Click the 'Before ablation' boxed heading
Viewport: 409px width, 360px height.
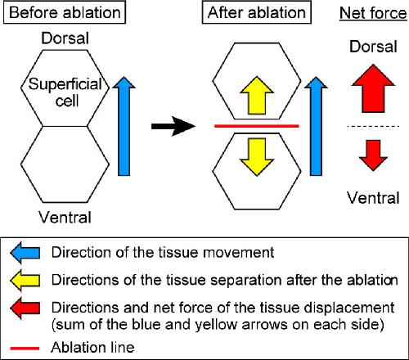pyautogui.click(x=65, y=12)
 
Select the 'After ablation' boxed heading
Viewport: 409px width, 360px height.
pyautogui.click(x=257, y=12)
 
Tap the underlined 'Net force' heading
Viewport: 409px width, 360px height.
pyautogui.click(x=373, y=13)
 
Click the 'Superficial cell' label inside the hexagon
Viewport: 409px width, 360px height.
pyautogui.click(x=65, y=92)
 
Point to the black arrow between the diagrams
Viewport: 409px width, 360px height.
pyautogui.click(x=173, y=126)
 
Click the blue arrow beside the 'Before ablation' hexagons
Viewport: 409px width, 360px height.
pyautogui.click(x=124, y=126)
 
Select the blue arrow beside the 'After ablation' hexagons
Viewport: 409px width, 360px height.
pyautogui.click(x=316, y=126)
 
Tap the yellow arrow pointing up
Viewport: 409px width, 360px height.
pyautogui.click(x=257, y=96)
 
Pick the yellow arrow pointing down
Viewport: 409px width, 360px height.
pyautogui.click(x=257, y=157)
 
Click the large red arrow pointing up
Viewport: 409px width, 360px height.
pyautogui.click(x=373, y=88)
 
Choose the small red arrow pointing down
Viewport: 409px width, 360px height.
pyautogui.click(x=373, y=155)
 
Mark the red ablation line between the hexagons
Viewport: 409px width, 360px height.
pyautogui.click(x=257, y=126)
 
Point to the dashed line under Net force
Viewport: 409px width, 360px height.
pyautogui.click(x=373, y=126)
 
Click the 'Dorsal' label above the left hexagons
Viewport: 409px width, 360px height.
pyautogui.click(x=65, y=38)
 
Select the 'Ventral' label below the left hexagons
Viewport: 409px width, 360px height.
pyautogui.click(x=65, y=218)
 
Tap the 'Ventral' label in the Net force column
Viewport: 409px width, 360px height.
pyautogui.click(x=373, y=198)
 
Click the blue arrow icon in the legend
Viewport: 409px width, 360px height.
pyautogui.click(x=25, y=253)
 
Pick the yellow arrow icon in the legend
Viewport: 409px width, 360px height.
pyautogui.click(x=25, y=281)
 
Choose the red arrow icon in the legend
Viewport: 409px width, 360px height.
pyautogui.click(x=25, y=308)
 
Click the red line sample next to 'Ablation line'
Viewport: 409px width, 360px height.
pyautogui.click(x=25, y=349)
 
